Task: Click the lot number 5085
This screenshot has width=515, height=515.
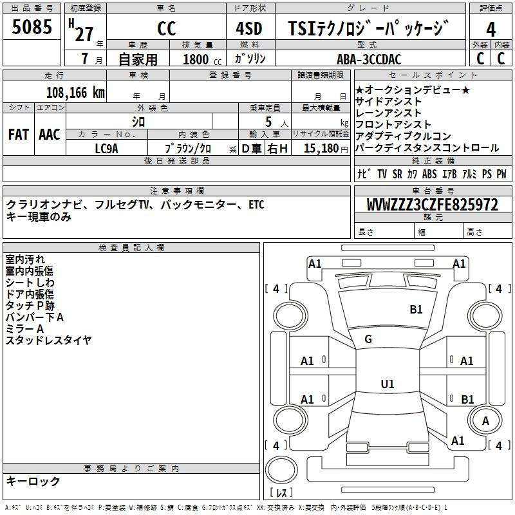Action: click(x=32, y=26)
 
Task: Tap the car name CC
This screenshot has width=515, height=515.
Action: click(x=167, y=28)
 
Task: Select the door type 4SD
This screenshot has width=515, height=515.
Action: click(x=249, y=28)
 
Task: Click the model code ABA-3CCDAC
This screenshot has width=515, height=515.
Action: click(x=369, y=59)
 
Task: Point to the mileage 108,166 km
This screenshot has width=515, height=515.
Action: click(x=75, y=93)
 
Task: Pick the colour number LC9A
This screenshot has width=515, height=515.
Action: click(x=106, y=149)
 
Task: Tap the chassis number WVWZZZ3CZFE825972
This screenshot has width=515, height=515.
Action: click(x=433, y=205)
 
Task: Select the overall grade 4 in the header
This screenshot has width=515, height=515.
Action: click(x=491, y=29)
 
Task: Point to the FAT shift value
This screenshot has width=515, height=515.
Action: click(x=19, y=135)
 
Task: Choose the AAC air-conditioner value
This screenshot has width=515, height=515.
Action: click(x=50, y=135)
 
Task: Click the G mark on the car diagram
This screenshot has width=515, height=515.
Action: click(x=368, y=339)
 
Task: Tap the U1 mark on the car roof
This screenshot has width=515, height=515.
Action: click(x=388, y=384)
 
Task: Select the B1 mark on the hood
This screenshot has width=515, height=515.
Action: click(x=416, y=310)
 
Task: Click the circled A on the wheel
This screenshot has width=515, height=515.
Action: click(x=485, y=421)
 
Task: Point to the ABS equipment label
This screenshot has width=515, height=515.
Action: click(x=429, y=174)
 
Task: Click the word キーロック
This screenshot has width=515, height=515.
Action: click(x=33, y=481)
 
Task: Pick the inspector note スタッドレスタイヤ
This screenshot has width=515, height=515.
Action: click(x=48, y=341)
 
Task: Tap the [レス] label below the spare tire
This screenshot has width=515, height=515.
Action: click(x=281, y=492)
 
